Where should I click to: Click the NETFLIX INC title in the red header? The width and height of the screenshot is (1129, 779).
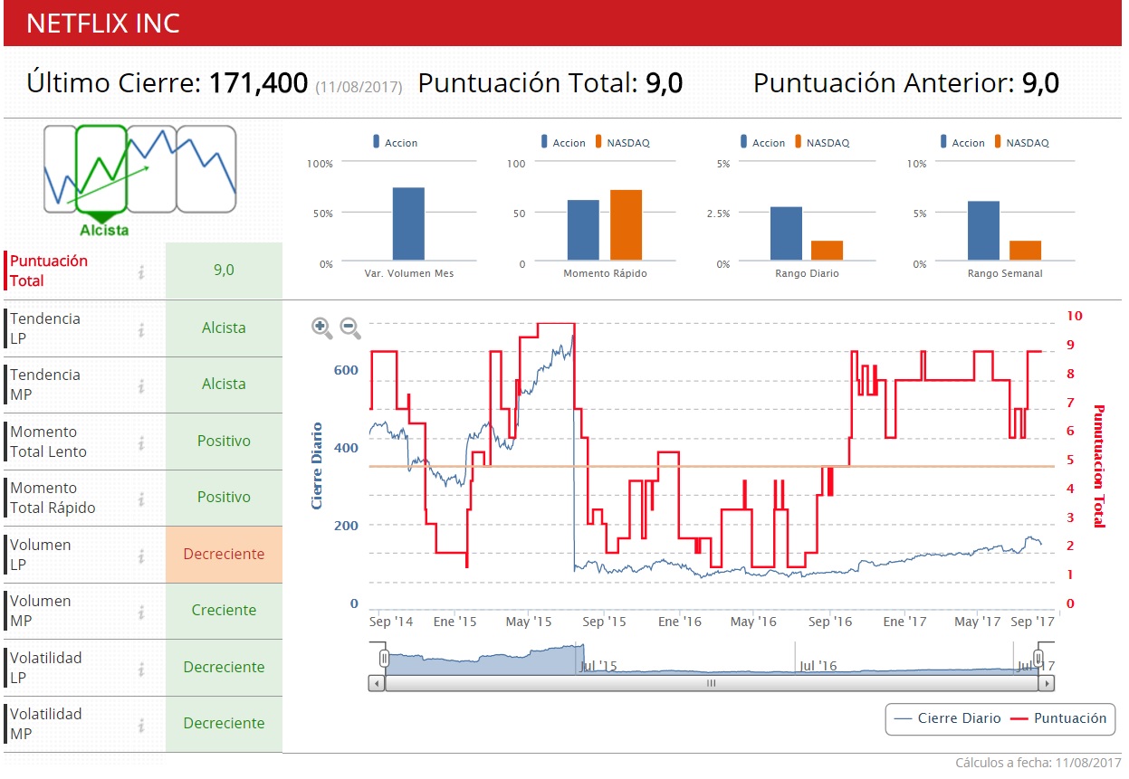click(x=103, y=24)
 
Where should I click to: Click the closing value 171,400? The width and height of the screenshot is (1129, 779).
click(x=258, y=83)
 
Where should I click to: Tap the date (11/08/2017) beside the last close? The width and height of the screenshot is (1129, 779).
click(x=359, y=87)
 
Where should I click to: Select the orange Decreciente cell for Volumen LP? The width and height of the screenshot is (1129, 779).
click(x=224, y=554)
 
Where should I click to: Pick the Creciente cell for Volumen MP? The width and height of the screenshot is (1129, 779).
click(x=224, y=610)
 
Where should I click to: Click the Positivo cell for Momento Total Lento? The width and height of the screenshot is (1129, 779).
click(x=224, y=441)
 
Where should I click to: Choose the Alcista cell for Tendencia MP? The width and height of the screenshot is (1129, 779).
click(x=224, y=384)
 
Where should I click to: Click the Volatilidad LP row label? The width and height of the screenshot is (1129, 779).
click(x=45, y=667)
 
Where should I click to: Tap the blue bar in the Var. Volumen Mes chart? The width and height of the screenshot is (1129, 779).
click(x=408, y=223)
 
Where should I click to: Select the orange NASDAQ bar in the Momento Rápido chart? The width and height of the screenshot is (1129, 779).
click(x=626, y=225)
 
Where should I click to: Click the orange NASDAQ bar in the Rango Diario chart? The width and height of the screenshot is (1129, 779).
click(x=827, y=251)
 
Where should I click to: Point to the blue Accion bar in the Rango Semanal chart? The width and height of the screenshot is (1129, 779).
click(x=983, y=231)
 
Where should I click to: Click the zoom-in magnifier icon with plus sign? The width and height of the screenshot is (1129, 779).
click(x=321, y=328)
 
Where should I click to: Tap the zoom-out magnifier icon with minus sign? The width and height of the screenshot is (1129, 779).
click(x=350, y=328)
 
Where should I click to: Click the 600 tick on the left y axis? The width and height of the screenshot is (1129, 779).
click(x=348, y=370)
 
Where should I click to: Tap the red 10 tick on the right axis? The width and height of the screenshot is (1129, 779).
click(x=1075, y=316)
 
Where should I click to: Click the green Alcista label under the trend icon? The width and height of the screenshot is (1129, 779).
click(x=104, y=230)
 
